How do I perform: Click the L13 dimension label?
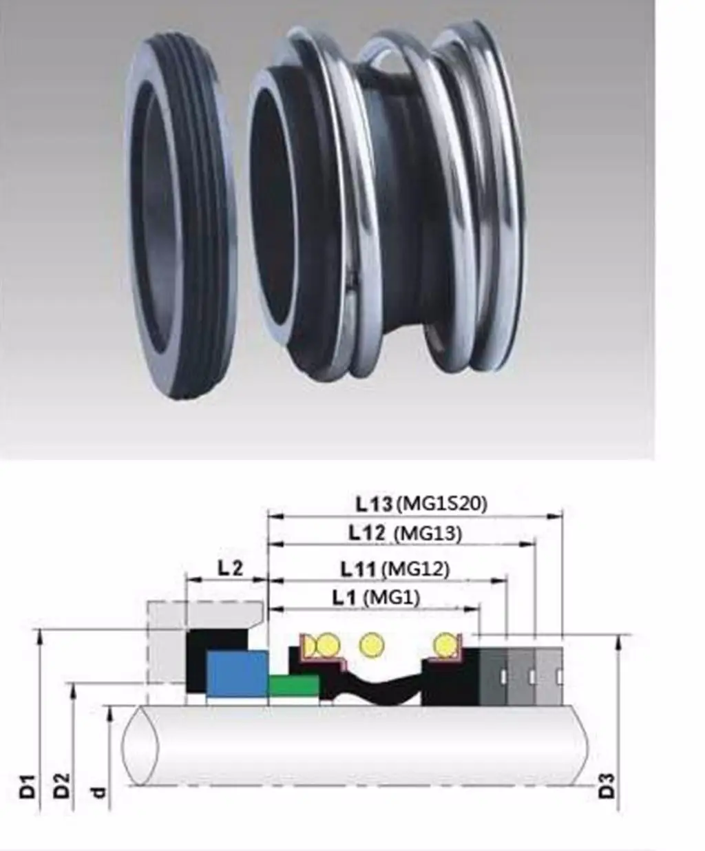click(373, 504)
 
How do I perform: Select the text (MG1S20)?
click(441, 504)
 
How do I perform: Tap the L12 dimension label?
click(367, 532)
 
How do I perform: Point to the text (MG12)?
click(416, 569)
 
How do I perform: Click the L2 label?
click(230, 568)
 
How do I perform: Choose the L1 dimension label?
click(345, 598)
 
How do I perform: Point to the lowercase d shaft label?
click(98, 792)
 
